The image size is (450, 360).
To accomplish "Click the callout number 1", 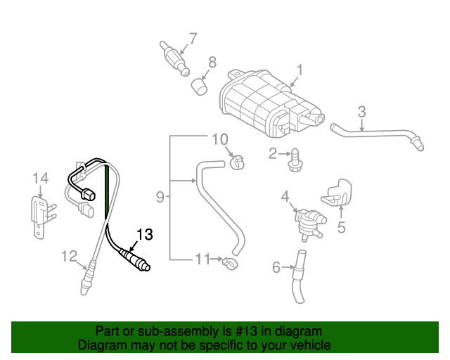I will click(299, 70).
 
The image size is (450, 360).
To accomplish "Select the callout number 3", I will click(361, 111).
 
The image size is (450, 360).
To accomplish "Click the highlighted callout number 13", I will click(143, 235).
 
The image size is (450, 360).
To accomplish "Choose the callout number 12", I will click(68, 256).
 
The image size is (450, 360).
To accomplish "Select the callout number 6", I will click(276, 267).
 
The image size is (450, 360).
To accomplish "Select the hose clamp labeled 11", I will click(229, 264).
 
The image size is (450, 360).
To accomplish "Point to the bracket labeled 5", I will click(339, 191).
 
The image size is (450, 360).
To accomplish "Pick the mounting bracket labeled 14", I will click(41, 214).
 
